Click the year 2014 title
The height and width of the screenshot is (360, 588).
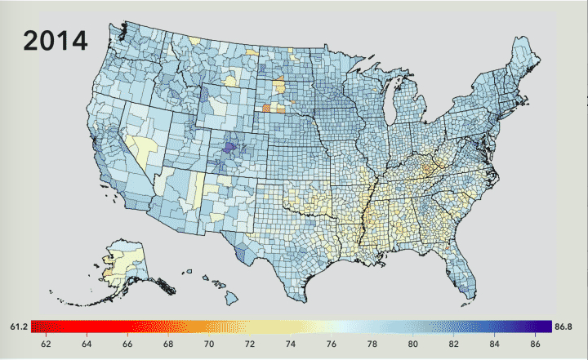56,41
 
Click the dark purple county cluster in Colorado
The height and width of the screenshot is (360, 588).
230,148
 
